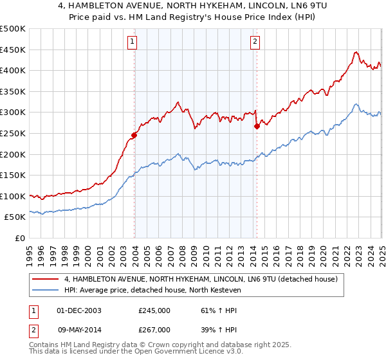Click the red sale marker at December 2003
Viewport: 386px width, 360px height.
[134, 135]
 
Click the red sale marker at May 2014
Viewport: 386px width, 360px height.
[257, 126]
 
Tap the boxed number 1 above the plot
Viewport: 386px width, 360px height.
[132, 42]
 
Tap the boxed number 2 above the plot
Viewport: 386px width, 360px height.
[255, 42]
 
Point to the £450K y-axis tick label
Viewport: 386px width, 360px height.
[13, 50]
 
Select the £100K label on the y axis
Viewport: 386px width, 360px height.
[13, 196]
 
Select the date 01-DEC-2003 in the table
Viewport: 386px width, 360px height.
[79, 310]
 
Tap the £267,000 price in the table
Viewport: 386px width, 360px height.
[154, 330]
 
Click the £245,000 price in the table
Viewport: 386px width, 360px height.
[154, 310]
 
